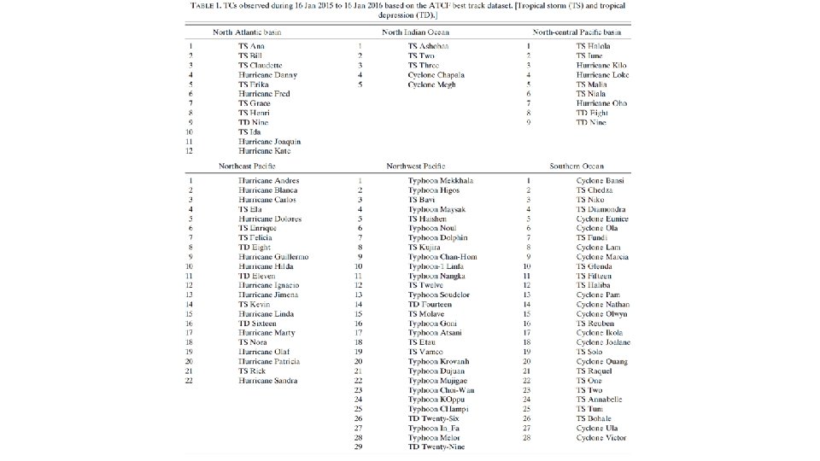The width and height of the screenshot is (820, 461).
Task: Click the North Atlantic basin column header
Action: [x=247, y=32]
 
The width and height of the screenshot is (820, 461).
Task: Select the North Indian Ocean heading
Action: [x=417, y=32]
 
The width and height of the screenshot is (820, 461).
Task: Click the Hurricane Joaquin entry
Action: [x=269, y=142]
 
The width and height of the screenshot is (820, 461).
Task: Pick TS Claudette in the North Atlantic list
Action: [x=261, y=65]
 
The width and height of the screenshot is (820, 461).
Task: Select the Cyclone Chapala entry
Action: [x=436, y=75]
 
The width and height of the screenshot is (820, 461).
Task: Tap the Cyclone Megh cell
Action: [x=431, y=85]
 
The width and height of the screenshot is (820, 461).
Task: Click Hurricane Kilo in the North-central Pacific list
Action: [x=603, y=65]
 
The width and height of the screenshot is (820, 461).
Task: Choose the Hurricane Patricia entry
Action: [x=269, y=362]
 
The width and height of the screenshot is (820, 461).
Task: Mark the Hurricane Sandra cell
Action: [x=268, y=381]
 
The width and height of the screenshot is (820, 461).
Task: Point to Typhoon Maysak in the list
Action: [x=436, y=209]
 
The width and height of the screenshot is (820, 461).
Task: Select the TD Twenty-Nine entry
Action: [x=437, y=447]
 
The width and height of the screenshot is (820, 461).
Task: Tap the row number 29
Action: [x=360, y=447]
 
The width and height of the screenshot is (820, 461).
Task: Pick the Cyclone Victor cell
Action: [x=601, y=438]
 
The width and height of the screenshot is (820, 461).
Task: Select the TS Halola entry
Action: [x=594, y=46]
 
